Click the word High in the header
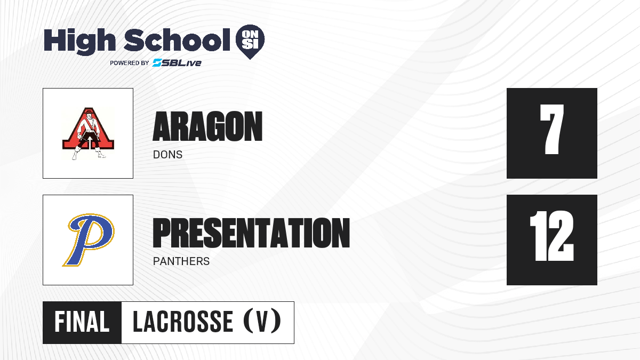click(79, 42)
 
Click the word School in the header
click(177, 39)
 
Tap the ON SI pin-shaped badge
click(250, 42)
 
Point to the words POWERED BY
click(130, 63)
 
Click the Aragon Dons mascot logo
click(89, 133)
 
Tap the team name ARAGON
click(207, 126)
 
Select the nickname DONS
click(167, 155)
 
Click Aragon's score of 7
click(551, 129)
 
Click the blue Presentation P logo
click(89, 239)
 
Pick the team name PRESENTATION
click(251, 233)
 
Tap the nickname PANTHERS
click(181, 261)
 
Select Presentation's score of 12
click(551, 236)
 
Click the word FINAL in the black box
click(82, 322)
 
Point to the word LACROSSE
click(183, 322)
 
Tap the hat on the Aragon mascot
click(89, 110)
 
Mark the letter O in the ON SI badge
click(245, 35)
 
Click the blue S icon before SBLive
click(157, 63)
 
